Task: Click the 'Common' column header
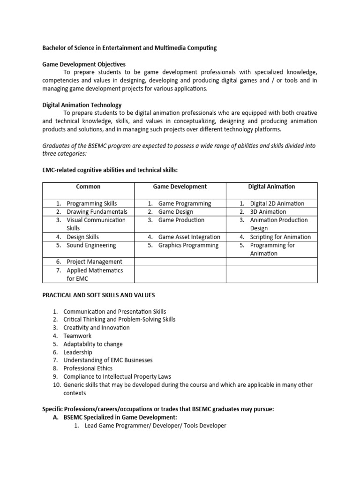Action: pyautogui.click(x=88, y=187)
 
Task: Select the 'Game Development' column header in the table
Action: pyautogui.click(x=180, y=187)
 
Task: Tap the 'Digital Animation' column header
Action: pyautogui.click(x=271, y=187)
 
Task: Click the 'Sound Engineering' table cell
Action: pyautogui.click(x=91, y=245)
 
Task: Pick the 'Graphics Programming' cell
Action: pyautogui.click(x=188, y=245)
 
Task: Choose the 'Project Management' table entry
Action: pyautogui.click(x=94, y=262)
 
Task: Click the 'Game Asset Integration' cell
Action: pyautogui.click(x=189, y=237)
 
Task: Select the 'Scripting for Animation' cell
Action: pyautogui.click(x=280, y=237)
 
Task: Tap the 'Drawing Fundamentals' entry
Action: pyautogui.click(x=96, y=212)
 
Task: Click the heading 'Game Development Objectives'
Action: pyautogui.click(x=84, y=64)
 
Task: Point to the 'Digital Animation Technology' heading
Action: pyautogui.click(x=82, y=105)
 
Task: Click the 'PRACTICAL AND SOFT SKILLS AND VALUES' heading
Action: pyautogui.click(x=99, y=295)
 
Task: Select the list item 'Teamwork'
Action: pyautogui.click(x=77, y=336)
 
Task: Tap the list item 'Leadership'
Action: pyautogui.click(x=78, y=352)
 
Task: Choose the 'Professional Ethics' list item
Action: pyautogui.click(x=88, y=368)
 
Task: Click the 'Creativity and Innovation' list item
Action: pyautogui.click(x=96, y=328)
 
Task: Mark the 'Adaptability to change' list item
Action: pyautogui.click(x=93, y=344)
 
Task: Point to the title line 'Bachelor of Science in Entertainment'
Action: pyautogui.click(x=129, y=48)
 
